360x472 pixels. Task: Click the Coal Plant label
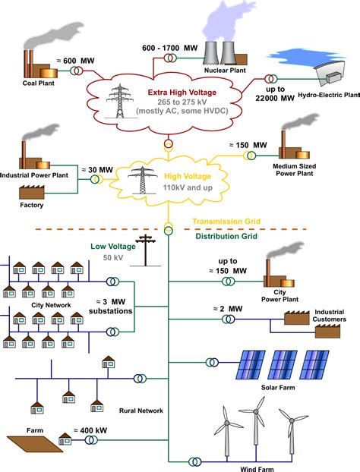(38, 83)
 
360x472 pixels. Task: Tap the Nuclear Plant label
(225, 70)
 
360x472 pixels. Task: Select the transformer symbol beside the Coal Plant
(77, 71)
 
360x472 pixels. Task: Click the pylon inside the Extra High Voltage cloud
(120, 101)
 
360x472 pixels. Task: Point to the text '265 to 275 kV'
(182, 102)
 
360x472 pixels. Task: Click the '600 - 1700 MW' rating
(170, 48)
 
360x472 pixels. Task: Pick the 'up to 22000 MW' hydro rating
(275, 93)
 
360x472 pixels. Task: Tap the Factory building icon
(32, 192)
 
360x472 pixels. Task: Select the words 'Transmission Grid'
(226, 222)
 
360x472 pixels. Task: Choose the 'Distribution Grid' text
(226, 236)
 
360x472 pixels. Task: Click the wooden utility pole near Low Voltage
(146, 250)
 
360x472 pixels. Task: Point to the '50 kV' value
(113, 258)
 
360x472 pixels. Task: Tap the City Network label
(51, 305)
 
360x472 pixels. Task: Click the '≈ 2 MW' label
(228, 309)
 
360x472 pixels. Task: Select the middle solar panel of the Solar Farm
(283, 364)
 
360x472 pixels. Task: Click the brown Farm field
(35, 444)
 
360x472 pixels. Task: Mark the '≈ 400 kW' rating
(90, 430)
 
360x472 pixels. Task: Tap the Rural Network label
(141, 411)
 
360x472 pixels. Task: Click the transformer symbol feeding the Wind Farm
(195, 461)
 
